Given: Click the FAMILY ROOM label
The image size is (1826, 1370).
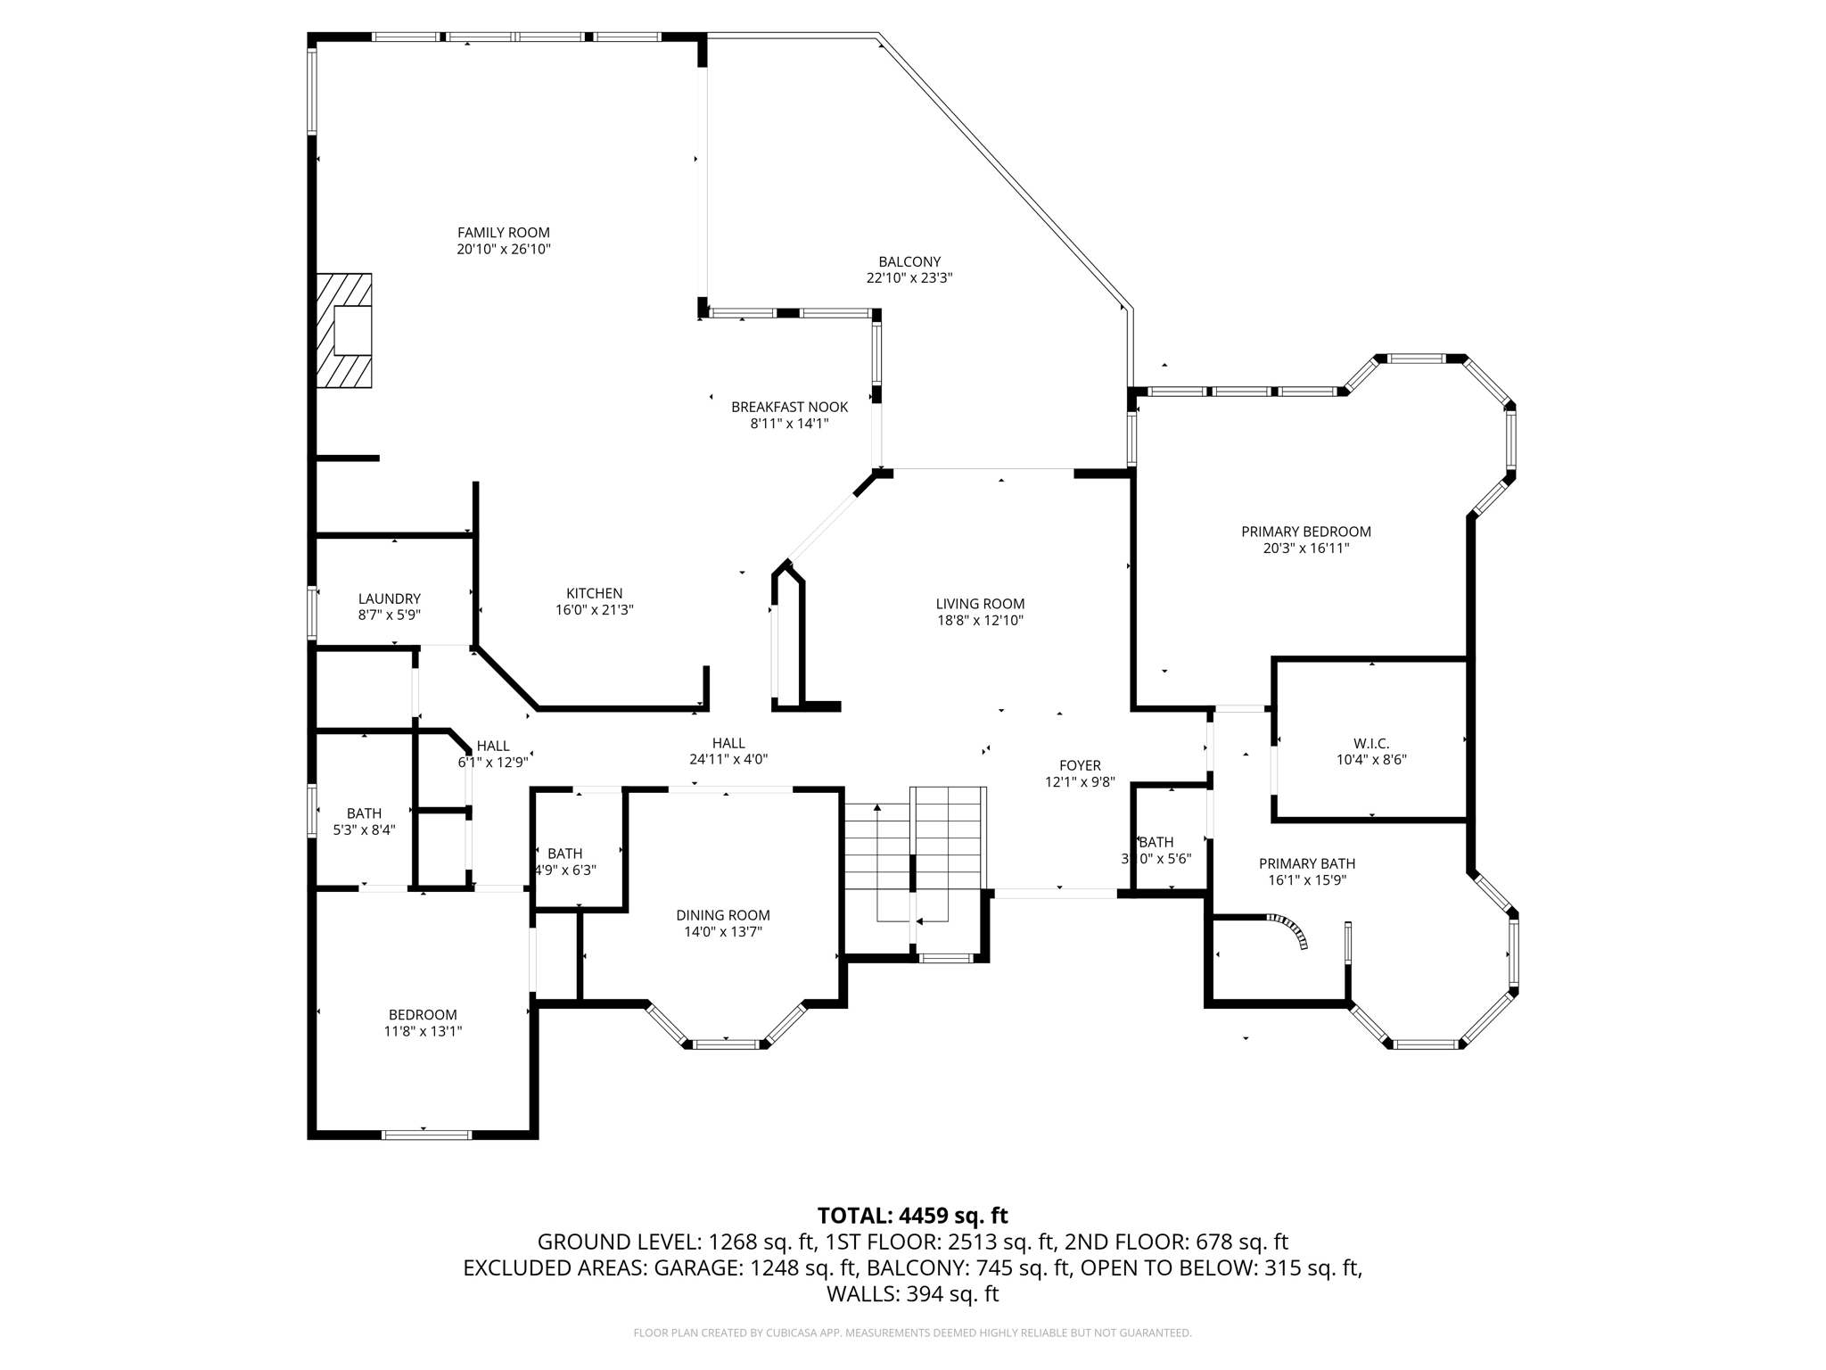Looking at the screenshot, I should click(x=504, y=233).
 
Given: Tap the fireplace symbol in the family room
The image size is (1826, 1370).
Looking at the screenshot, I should click(x=344, y=331).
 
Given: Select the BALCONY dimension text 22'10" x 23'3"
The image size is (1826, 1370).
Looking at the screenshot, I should click(x=909, y=277).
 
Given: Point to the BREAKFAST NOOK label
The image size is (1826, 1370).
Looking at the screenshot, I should click(x=789, y=407).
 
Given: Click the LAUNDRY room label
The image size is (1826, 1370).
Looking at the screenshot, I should click(x=390, y=598).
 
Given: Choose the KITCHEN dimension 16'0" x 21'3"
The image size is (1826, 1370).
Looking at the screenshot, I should click(x=594, y=610).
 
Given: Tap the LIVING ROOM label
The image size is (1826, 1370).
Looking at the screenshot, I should click(x=980, y=604).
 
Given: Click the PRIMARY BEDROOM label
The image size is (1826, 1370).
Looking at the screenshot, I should click(x=1305, y=532).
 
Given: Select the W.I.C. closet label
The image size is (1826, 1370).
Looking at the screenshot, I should click(x=1370, y=743).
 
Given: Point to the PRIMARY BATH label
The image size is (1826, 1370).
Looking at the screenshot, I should click(x=1306, y=863).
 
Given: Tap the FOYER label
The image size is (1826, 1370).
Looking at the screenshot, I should click(x=1080, y=765).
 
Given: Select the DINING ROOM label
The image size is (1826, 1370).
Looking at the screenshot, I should click(x=722, y=915).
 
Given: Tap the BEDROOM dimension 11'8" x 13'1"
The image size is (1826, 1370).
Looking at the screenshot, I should click(x=423, y=1031).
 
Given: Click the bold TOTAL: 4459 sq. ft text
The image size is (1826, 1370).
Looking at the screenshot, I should click(x=912, y=1216).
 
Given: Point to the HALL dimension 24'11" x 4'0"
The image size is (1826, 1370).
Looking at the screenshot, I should click(x=728, y=760).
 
